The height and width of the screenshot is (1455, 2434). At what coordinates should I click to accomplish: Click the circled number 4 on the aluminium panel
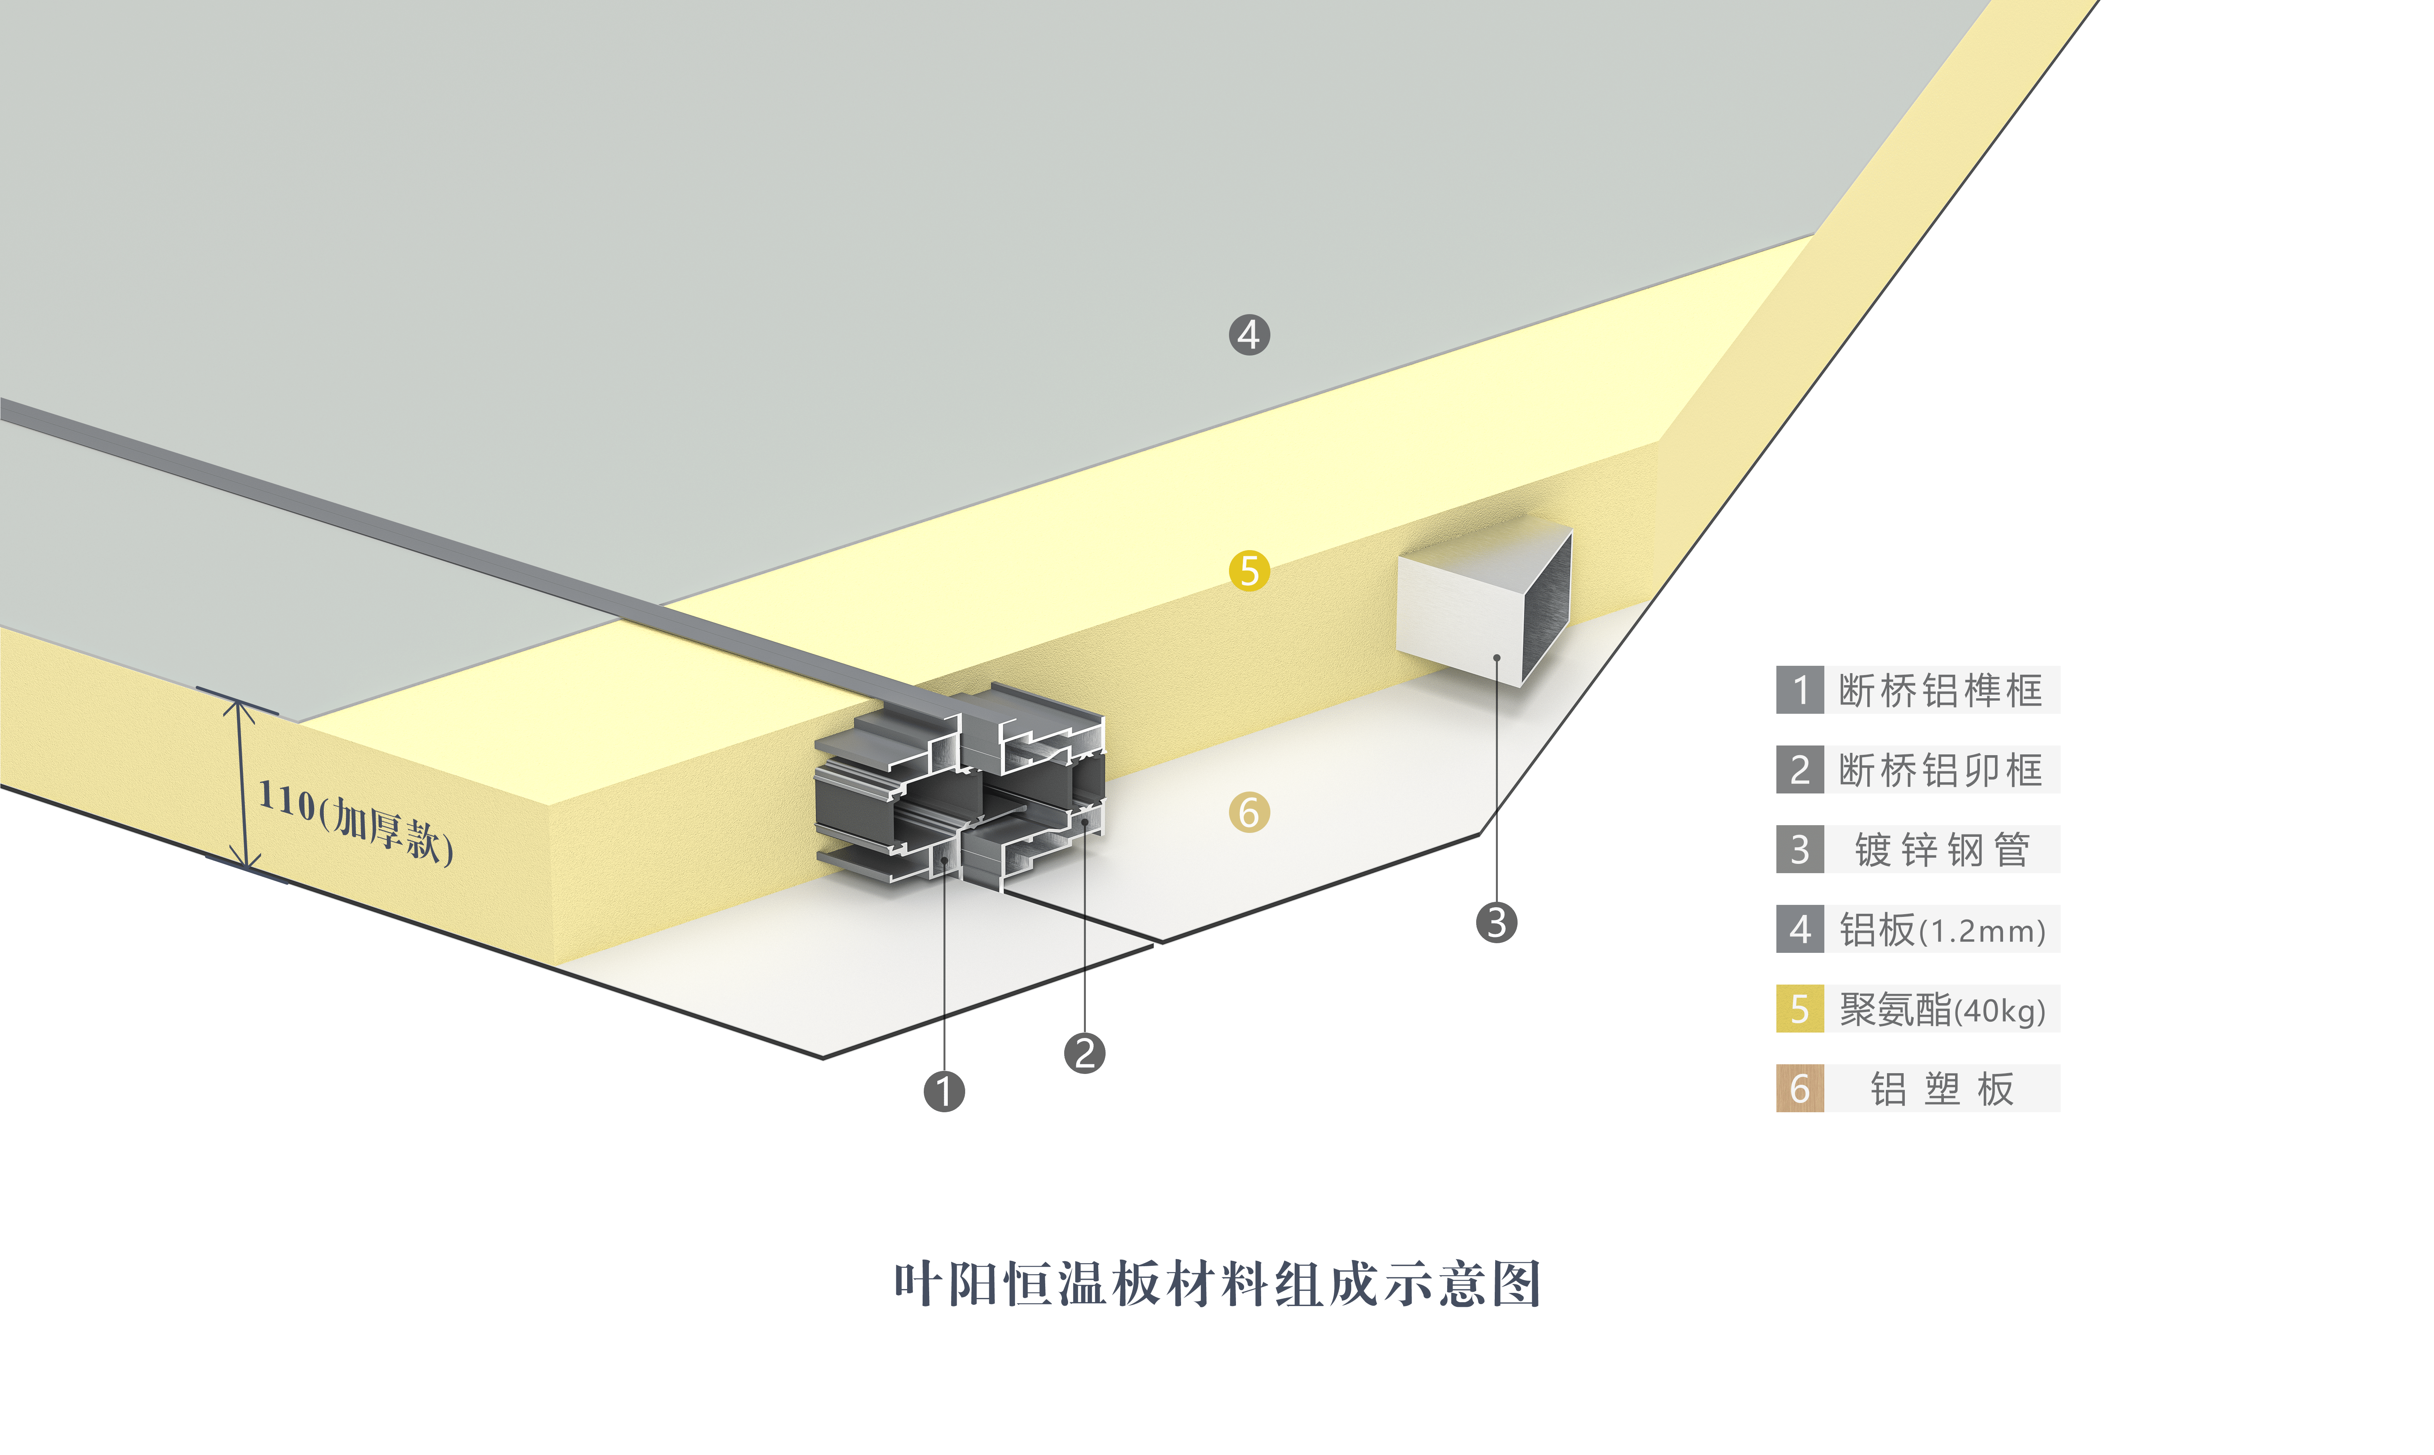click(1249, 334)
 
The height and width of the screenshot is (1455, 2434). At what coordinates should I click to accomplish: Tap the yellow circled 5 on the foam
click(1249, 571)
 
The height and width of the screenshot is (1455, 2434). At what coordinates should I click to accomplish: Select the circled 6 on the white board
click(1249, 813)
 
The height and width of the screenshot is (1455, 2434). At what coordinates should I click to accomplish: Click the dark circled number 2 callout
click(1084, 1053)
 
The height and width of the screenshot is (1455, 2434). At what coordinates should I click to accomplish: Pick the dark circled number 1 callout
click(944, 1091)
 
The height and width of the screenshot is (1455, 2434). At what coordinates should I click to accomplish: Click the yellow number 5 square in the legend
click(1800, 1009)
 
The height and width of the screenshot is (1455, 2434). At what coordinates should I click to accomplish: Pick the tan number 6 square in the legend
click(1800, 1088)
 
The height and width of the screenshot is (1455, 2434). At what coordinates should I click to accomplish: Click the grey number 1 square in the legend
click(1800, 690)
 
